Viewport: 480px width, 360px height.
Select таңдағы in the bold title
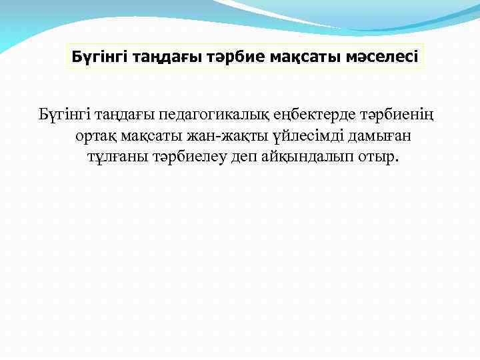tap(161, 57)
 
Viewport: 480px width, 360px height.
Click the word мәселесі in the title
tap(379, 57)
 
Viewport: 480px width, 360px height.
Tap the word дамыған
tap(378, 137)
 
